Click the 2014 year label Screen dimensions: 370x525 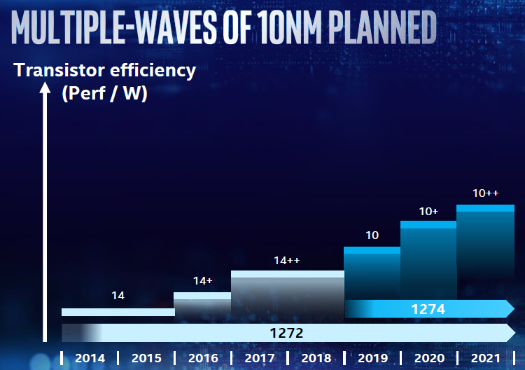pyautogui.click(x=90, y=358)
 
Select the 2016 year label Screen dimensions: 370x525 pyautogui.click(x=202, y=358)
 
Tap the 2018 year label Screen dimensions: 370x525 pyautogui.click(x=316, y=358)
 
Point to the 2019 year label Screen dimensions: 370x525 pyautogui.click(x=372, y=358)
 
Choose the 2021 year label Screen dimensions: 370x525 pyautogui.click(x=485, y=358)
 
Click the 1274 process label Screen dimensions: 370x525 pyautogui.click(x=428, y=308)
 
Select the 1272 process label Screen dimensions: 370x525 pyautogui.click(x=286, y=333)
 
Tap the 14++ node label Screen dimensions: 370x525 pyautogui.click(x=287, y=261)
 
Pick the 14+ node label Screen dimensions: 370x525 pyautogui.click(x=202, y=281)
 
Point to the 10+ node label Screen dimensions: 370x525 pyautogui.click(x=428, y=211)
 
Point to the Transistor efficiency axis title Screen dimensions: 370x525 pyautogui.click(x=105, y=70)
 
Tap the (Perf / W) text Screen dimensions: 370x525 pyautogui.click(x=104, y=93)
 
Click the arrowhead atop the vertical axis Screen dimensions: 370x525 pyautogui.click(x=45, y=89)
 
